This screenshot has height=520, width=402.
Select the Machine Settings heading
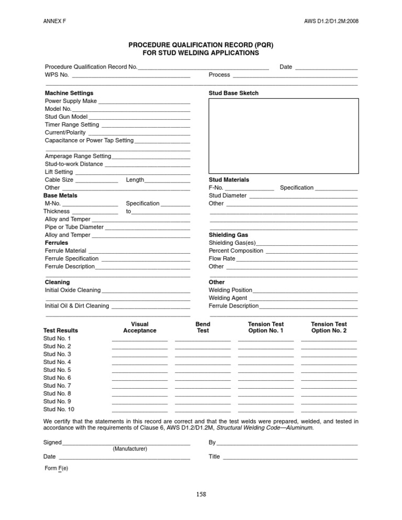[x=69, y=93]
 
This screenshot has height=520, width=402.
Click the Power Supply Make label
[x=71, y=101]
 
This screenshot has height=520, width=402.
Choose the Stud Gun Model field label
[x=66, y=117]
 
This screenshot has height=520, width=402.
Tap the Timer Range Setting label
[x=72, y=125]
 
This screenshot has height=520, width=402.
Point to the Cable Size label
[x=59, y=180]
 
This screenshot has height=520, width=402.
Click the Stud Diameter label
[x=228, y=196]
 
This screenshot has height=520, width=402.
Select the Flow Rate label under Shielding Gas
[x=222, y=258]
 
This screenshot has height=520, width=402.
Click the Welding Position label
[x=230, y=290]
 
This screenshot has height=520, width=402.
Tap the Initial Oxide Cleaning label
[x=73, y=290]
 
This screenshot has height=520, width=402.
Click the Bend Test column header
[x=203, y=327]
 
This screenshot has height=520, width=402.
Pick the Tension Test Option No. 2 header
[x=329, y=327]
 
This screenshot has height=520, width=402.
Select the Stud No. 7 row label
[x=57, y=386]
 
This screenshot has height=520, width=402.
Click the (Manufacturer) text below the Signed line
[x=130, y=449]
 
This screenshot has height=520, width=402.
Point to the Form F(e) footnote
[x=57, y=468]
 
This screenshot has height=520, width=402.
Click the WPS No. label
[x=57, y=75]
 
